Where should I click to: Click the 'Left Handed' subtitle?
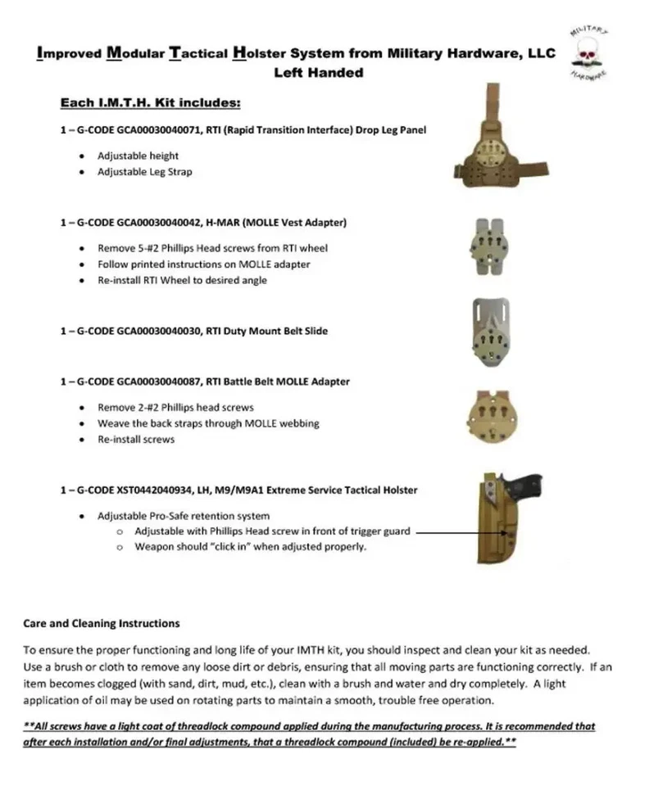coord(319,72)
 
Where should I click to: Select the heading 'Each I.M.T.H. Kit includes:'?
coord(150,104)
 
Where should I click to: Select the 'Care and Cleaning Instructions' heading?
coord(101,624)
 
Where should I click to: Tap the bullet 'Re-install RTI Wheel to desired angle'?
coord(182,280)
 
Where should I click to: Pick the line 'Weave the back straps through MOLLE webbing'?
coord(208,423)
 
